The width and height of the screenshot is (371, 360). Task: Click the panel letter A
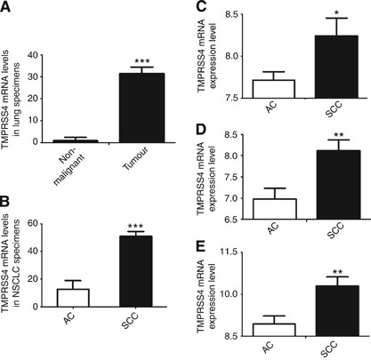[8, 8]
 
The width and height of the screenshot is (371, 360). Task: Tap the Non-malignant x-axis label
[78, 162]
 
